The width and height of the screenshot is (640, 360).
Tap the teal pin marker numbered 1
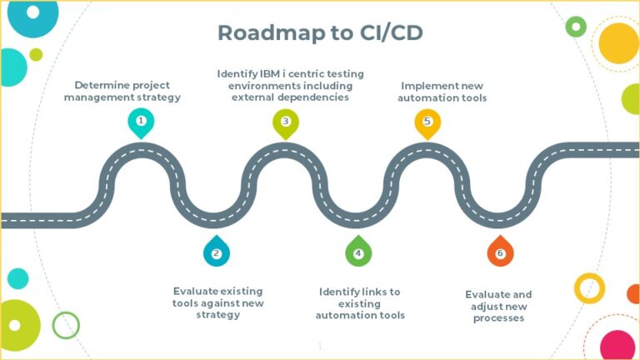pos(141,122)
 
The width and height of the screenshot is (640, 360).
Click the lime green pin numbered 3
pos(285,122)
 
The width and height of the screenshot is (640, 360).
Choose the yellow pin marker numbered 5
pos(427,122)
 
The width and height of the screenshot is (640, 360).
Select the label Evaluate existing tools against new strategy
pos(217,302)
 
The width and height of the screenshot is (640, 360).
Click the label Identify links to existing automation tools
pos(360,303)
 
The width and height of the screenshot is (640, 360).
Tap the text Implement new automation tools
pos(442,92)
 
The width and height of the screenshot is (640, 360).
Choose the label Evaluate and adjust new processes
pos(498,306)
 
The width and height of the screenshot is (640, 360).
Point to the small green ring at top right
pos(576,27)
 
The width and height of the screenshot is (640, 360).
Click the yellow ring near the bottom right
pos(589,287)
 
